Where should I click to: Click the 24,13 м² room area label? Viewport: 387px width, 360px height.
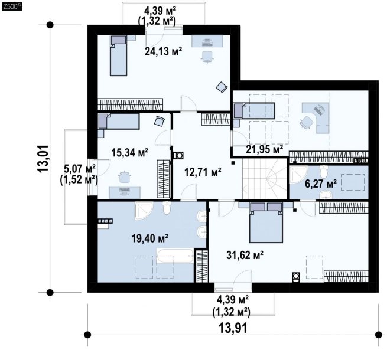pyautogui.click(x=164, y=51)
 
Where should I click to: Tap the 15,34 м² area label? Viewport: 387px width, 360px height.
pyautogui.click(x=129, y=153)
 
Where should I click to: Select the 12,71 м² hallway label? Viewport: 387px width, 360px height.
pyautogui.click(x=203, y=172)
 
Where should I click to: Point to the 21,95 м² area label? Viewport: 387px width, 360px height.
pyautogui.click(x=264, y=149)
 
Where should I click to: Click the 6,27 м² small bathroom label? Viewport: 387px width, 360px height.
pyautogui.click(x=321, y=184)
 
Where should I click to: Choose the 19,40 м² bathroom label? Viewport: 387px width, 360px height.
pyautogui.click(x=150, y=238)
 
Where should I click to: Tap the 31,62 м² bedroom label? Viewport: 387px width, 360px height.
pyautogui.click(x=245, y=255)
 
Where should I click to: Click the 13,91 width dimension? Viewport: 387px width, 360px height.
pyautogui.click(x=233, y=328)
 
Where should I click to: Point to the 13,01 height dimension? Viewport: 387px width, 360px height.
pyautogui.click(x=43, y=158)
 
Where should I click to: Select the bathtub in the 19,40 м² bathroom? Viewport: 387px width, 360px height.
pyautogui.click(x=175, y=256)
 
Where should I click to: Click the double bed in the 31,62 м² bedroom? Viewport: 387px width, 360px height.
pyautogui.click(x=266, y=222)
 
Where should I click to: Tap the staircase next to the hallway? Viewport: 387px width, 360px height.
pyautogui.click(x=265, y=178)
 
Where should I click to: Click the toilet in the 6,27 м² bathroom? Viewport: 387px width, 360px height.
pyautogui.click(x=323, y=171)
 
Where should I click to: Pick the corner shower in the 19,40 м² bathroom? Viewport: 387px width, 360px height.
pyautogui.click(x=144, y=210)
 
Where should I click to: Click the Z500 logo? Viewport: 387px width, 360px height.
pyautogui.click(x=11, y=6)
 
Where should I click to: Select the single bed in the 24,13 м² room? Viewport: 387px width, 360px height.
pyautogui.click(x=119, y=55)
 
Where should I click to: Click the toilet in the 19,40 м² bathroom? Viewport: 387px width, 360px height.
pyautogui.click(x=167, y=208)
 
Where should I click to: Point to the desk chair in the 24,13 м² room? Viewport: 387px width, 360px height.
pyautogui.click(x=207, y=57)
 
